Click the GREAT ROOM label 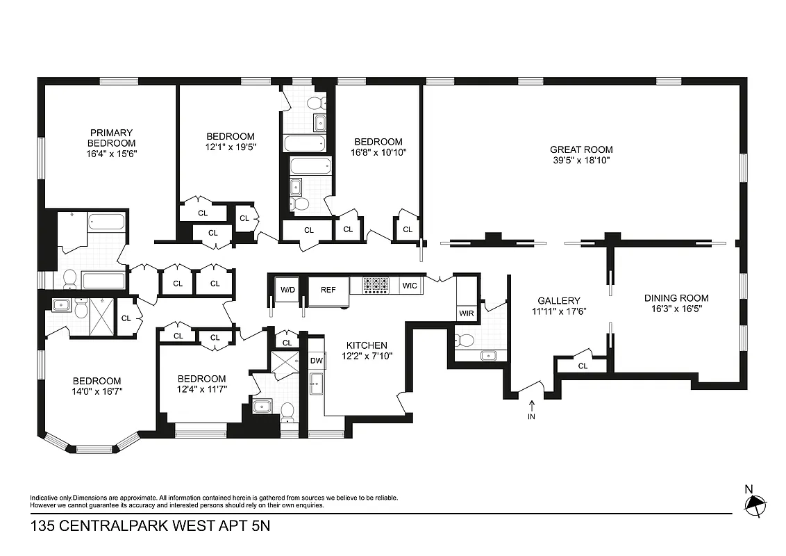click(581, 149)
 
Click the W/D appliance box click(287, 290)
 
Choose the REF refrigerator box click(328, 290)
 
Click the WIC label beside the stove click(409, 285)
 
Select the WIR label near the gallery click(466, 313)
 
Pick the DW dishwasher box click(316, 361)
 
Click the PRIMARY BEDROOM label click(110, 138)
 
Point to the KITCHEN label click(367, 345)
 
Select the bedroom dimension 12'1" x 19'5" click(231, 147)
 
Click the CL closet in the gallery click(583, 366)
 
